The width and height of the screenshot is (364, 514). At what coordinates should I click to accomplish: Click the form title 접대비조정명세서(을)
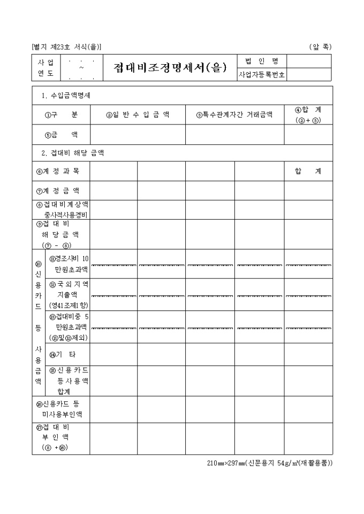[170, 68]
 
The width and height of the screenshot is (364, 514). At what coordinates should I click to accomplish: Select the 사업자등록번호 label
[262, 75]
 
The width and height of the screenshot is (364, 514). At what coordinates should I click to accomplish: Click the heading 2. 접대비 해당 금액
[73, 153]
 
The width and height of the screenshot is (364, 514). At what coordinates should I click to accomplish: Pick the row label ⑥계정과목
[61, 172]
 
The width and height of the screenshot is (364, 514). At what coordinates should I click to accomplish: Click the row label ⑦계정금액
[61, 191]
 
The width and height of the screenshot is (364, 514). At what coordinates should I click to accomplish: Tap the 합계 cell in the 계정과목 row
[308, 172]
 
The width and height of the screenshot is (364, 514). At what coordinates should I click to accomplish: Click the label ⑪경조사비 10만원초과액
[69, 264]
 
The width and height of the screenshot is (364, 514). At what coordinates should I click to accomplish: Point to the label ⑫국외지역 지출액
[69, 294]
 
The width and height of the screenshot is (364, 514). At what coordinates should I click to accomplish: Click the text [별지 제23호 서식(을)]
[66, 47]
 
